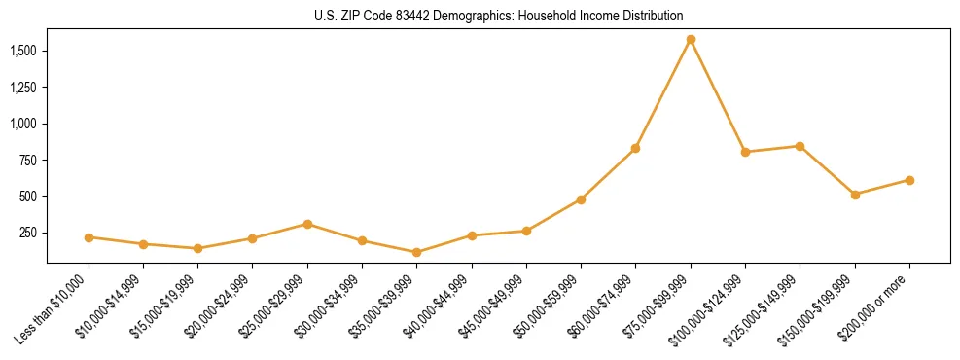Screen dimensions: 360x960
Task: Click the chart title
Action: pyautogui.click(x=498, y=17)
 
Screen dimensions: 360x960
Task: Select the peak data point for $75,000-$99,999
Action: pyautogui.click(x=691, y=40)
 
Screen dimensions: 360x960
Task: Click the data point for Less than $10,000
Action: pyautogui.click(x=89, y=237)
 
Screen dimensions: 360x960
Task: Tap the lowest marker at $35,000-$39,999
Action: pyautogui.click(x=417, y=252)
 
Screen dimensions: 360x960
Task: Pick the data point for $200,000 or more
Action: pyautogui.click(x=909, y=180)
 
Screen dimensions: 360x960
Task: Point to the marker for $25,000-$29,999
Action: pyautogui.click(x=307, y=224)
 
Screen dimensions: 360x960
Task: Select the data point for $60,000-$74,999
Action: pyautogui.click(x=635, y=148)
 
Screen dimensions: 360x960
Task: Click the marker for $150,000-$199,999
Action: pyautogui.click(x=855, y=195)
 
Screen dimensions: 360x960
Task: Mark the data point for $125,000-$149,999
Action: pyautogui.click(x=800, y=146)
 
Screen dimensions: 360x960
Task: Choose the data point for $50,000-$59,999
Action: pyautogui.click(x=581, y=199)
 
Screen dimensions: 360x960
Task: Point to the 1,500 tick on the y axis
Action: pyautogui.click(x=25, y=51)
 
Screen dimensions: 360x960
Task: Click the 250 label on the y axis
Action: pyautogui.click(x=30, y=234)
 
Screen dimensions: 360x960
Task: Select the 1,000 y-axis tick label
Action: pyautogui.click(x=25, y=124)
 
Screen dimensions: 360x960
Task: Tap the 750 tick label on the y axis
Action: pyautogui.click(x=30, y=161)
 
